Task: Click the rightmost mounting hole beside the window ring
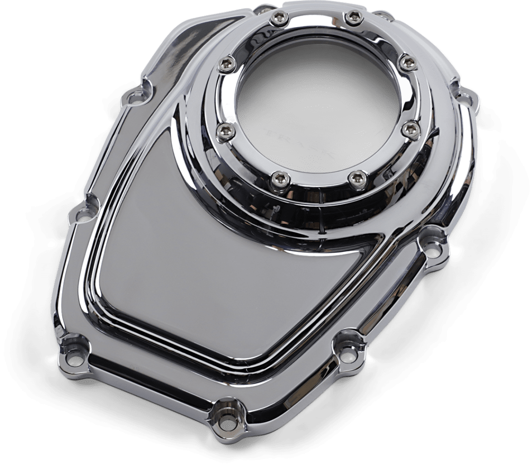coord(464,99)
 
